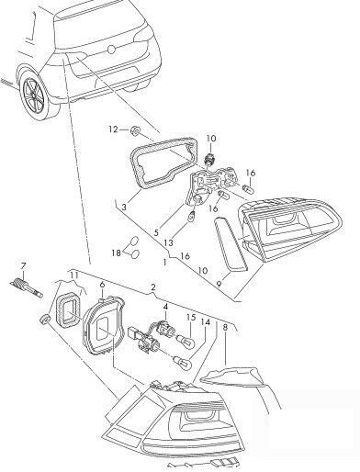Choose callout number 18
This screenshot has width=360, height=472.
tap(118, 251)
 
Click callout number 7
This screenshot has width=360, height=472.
tap(11, 267)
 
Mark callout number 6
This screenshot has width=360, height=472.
tap(103, 287)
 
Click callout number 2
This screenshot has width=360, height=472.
tap(152, 287)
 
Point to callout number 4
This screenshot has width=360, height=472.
tap(164, 306)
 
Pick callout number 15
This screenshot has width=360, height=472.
tap(191, 319)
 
